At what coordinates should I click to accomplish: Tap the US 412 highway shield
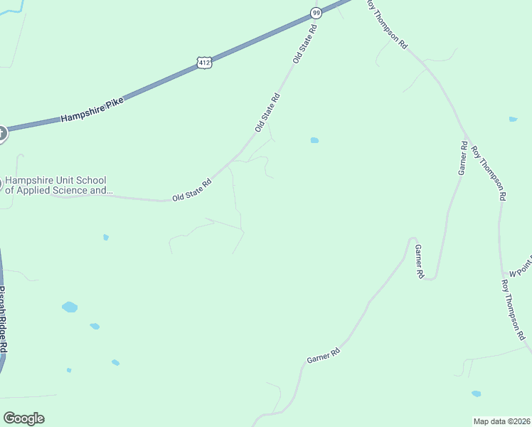point(205,63)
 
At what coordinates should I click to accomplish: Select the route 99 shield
point(315,12)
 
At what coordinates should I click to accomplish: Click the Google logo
point(23,418)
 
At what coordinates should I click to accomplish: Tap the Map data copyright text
point(501,421)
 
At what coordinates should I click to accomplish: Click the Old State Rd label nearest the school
point(193,190)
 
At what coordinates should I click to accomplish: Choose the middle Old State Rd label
point(267,112)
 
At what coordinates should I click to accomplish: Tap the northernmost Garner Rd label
point(463,158)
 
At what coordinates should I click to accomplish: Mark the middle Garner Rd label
point(419,260)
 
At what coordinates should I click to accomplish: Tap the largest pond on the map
point(70,307)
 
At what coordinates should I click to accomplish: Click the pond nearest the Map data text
point(476,393)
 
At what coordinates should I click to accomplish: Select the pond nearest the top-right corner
point(513,119)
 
